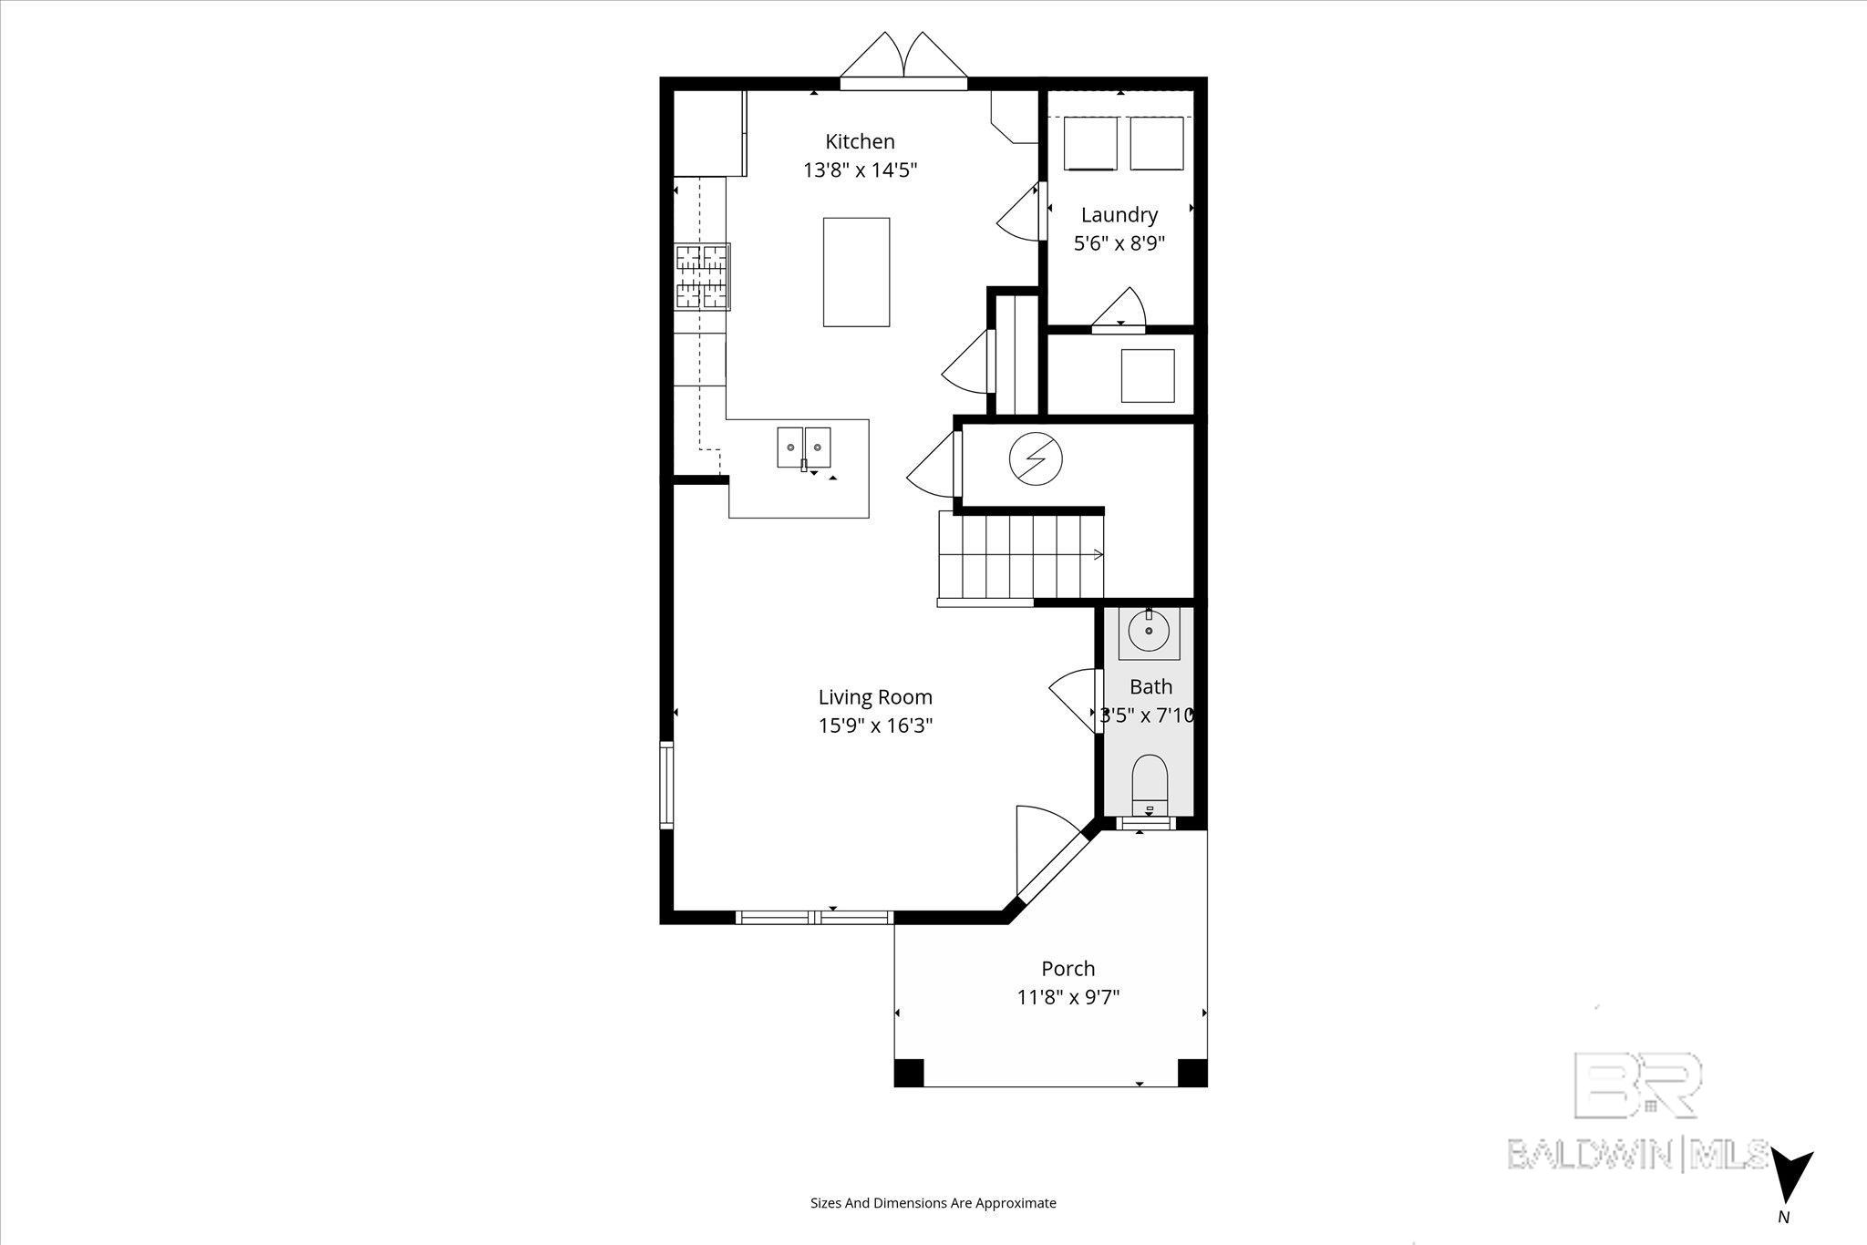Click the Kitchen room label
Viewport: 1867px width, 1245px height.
860,141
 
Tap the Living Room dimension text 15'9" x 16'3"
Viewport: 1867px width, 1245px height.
875,725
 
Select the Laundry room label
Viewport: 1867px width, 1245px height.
1119,216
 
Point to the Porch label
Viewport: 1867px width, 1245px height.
1068,968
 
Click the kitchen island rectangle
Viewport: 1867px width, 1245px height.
856,272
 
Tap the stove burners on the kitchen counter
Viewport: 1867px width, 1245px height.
702,276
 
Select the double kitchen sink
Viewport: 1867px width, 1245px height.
804,448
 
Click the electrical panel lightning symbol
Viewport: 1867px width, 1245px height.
1036,459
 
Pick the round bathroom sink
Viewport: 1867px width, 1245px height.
1149,629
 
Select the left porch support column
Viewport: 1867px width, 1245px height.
909,1072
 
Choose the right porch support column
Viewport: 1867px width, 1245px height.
1192,1072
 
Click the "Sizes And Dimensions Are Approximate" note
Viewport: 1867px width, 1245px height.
933,1203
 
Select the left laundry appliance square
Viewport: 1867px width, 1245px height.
1090,143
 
